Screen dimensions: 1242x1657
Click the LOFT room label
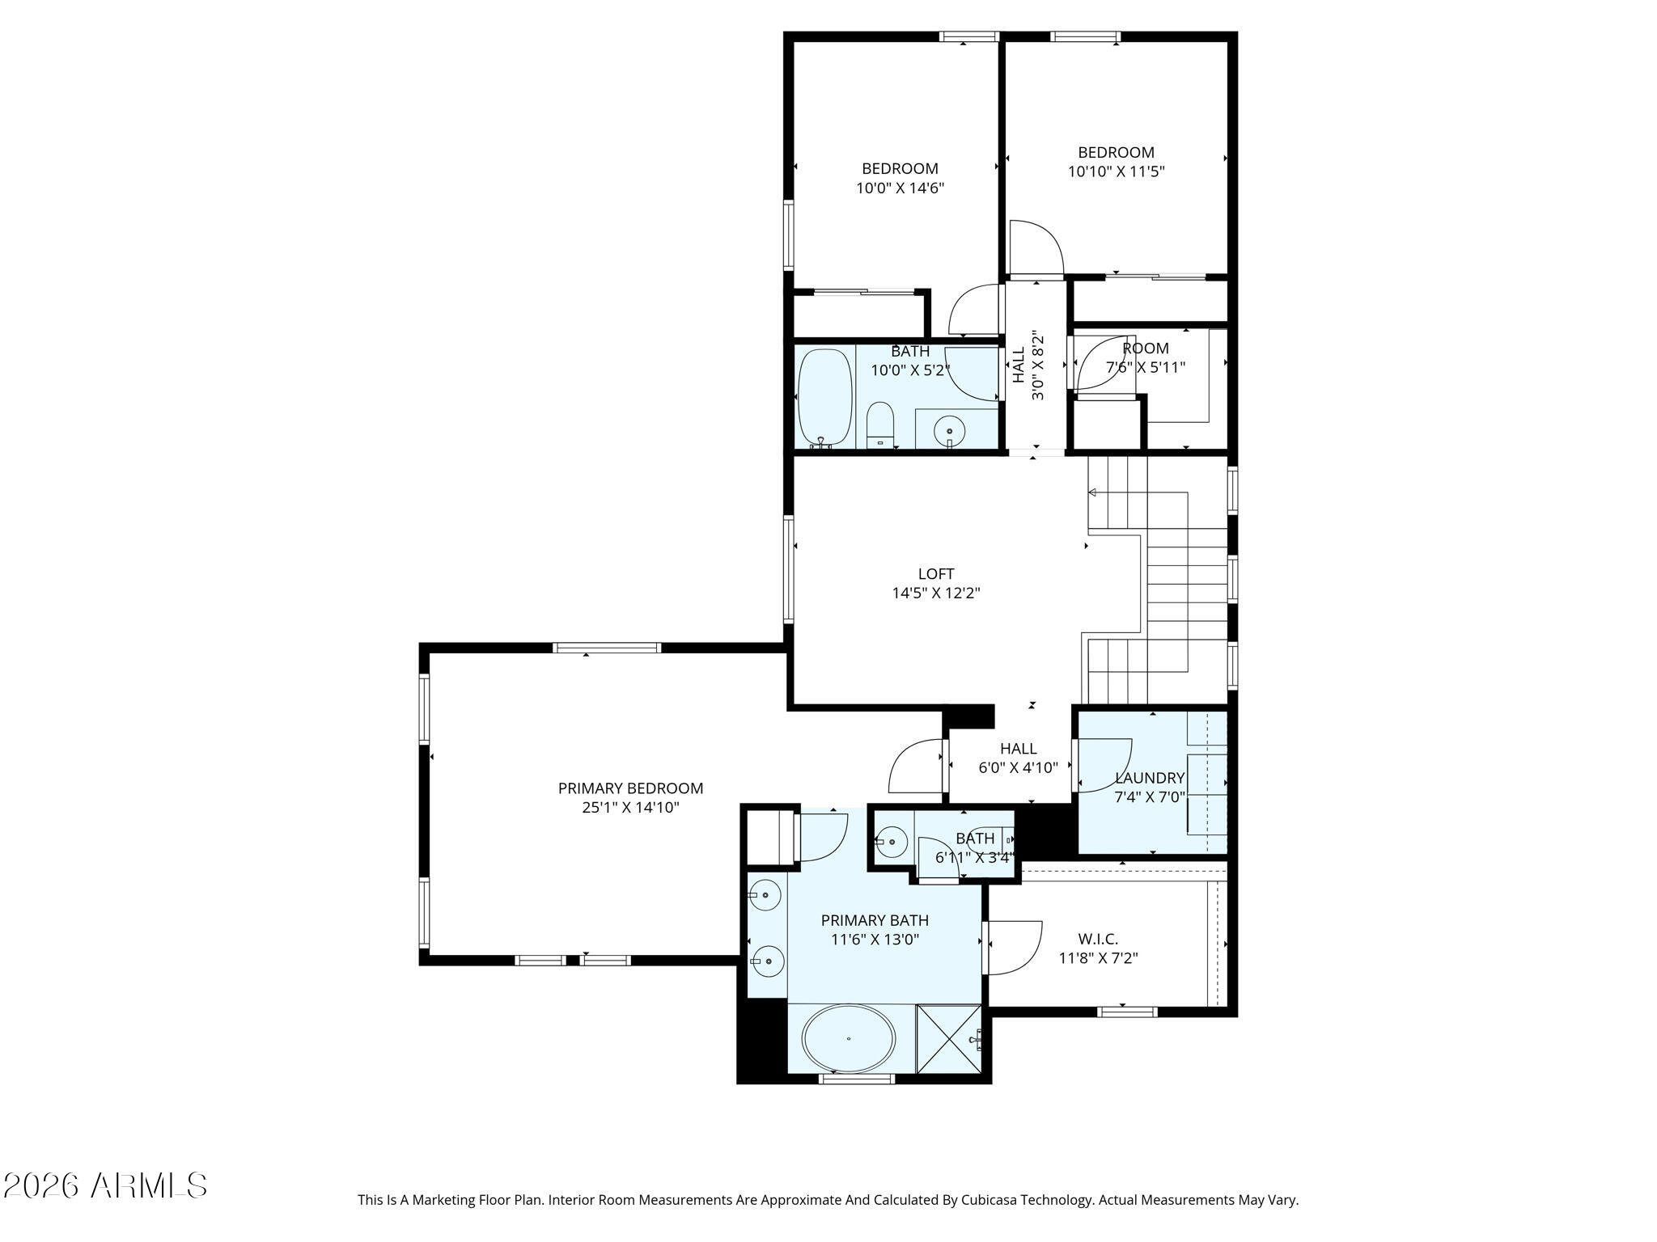(935, 574)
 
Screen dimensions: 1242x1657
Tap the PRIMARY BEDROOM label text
(630, 788)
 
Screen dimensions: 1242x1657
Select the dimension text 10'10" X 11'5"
(1116, 171)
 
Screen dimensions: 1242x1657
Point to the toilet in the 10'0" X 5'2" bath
(879, 424)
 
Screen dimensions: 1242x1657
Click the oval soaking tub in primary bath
(848, 1039)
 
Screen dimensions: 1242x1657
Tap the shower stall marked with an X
(948, 1038)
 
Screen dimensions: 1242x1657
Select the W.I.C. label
(1098, 940)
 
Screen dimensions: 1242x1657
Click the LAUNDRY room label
(1149, 778)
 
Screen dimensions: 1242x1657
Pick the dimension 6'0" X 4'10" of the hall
(1018, 768)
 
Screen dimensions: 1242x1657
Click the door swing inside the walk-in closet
(1012, 948)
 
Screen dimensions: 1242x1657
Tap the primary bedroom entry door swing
(914, 768)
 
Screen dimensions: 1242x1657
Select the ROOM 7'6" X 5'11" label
(1145, 357)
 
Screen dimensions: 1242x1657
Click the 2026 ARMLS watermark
(105, 1186)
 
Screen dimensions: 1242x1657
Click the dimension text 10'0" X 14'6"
(900, 188)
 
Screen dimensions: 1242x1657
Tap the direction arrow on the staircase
(1092, 492)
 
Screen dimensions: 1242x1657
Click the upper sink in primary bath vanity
(764, 894)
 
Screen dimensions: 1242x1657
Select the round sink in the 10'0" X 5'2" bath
(948, 433)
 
